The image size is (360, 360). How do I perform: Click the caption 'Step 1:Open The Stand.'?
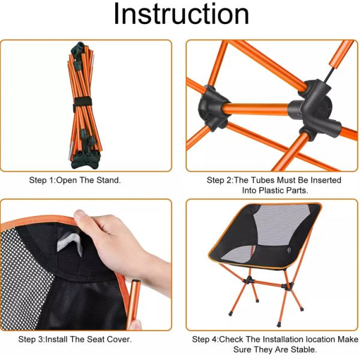pos(75,180)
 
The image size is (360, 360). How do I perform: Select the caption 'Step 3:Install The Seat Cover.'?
pos(75,340)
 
